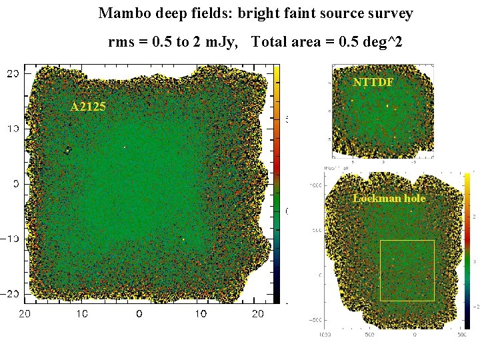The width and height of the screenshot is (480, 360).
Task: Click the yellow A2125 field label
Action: click(x=88, y=107)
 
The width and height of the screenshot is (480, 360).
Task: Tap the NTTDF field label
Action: click(x=373, y=83)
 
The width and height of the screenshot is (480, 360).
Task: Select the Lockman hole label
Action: click(x=389, y=198)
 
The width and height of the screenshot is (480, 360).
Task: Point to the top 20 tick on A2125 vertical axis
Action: click(x=13, y=74)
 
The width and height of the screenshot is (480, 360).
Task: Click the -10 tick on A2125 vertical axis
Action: click(x=11, y=239)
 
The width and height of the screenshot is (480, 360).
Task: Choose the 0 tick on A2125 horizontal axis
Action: click(x=138, y=313)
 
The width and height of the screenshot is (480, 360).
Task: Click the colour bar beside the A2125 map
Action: click(x=277, y=183)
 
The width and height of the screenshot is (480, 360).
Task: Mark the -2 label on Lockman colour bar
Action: click(x=474, y=306)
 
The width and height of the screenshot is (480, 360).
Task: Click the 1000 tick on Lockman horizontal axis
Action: click(x=325, y=334)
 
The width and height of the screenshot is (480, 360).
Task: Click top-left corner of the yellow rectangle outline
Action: click(x=380, y=241)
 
